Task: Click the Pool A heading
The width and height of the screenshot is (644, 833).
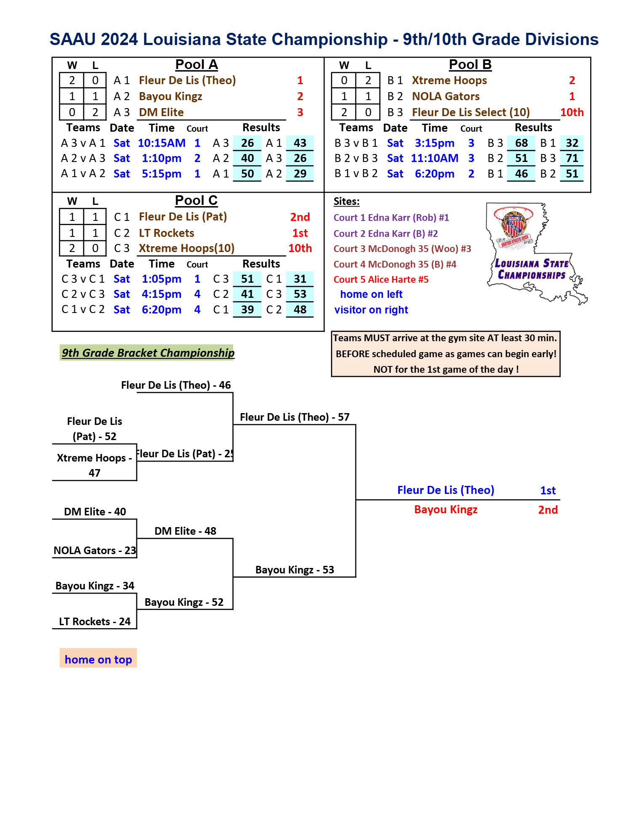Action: coord(197,65)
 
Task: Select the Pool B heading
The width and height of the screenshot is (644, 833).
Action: coord(470,65)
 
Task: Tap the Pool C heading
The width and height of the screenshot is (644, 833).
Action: coord(197,201)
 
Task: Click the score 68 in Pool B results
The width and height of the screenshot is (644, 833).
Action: coord(522,143)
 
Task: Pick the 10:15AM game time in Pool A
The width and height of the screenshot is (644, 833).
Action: coord(162,143)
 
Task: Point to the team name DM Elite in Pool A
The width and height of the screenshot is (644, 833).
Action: coord(161,112)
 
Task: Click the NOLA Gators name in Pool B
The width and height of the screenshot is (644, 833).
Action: coord(446,96)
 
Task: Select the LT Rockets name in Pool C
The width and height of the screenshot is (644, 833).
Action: coord(167,233)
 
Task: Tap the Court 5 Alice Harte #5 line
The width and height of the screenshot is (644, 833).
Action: coord(381,279)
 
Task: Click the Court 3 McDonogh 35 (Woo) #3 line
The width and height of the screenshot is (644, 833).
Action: coord(402,249)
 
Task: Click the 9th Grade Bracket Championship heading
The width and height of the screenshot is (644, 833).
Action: coord(148,353)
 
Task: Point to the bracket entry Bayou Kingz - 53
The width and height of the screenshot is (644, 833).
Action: coord(295,570)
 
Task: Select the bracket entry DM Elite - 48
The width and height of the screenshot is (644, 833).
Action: coord(185,531)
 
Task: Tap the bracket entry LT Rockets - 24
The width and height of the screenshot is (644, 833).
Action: coord(95,621)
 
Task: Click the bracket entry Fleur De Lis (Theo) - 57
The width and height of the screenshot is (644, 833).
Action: coord(295,417)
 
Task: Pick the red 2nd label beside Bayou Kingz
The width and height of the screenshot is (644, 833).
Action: coord(548,510)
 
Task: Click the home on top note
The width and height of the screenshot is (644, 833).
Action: coord(98,659)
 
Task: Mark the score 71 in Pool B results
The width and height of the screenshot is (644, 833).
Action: coord(572,158)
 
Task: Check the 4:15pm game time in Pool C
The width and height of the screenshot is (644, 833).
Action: coord(162,294)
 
